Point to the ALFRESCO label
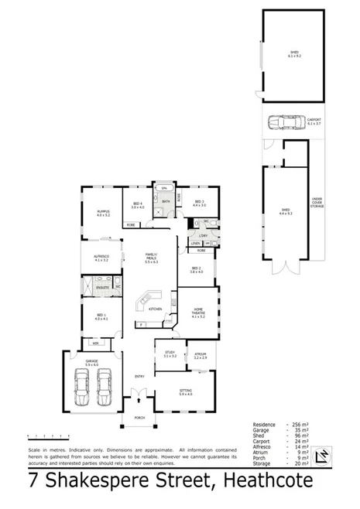pyautogui.click(x=101, y=258)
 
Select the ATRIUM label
pyautogui.click(x=201, y=354)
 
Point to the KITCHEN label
pyautogui.click(x=155, y=309)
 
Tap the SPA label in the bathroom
pyautogui.click(x=163, y=188)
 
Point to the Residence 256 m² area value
pyautogui.click(x=301, y=425)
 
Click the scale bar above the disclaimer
pyautogui.click(x=43, y=435)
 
